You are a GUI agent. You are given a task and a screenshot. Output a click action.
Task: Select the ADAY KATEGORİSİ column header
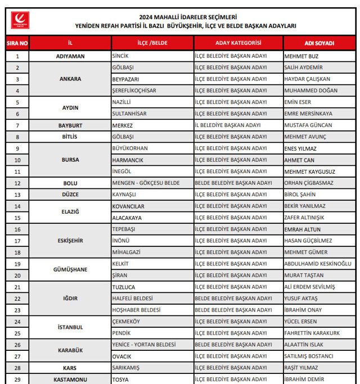pos(238,43)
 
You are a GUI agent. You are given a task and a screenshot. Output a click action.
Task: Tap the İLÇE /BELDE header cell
pos(152,43)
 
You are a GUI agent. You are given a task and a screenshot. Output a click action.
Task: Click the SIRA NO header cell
pos(17,43)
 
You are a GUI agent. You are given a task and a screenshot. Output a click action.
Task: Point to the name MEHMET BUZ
pos(301,56)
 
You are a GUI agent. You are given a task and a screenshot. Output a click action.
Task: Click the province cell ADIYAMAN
pos(70,56)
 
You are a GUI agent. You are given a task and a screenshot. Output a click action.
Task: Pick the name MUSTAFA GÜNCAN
pos(308,125)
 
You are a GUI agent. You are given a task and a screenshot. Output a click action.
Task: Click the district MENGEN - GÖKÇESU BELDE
pos(146,183)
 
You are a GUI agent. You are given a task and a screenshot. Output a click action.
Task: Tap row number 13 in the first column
pos(17,195)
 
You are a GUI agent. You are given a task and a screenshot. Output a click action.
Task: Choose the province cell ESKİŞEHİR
pos(70,241)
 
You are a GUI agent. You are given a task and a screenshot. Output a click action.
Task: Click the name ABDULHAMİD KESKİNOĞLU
pos(318,264)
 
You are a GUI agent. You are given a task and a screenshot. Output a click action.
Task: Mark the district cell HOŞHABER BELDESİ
pos(137,310)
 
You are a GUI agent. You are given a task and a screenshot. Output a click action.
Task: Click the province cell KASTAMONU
pos(70,380)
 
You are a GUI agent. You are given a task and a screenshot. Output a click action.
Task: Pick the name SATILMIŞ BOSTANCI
pos(309,356)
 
